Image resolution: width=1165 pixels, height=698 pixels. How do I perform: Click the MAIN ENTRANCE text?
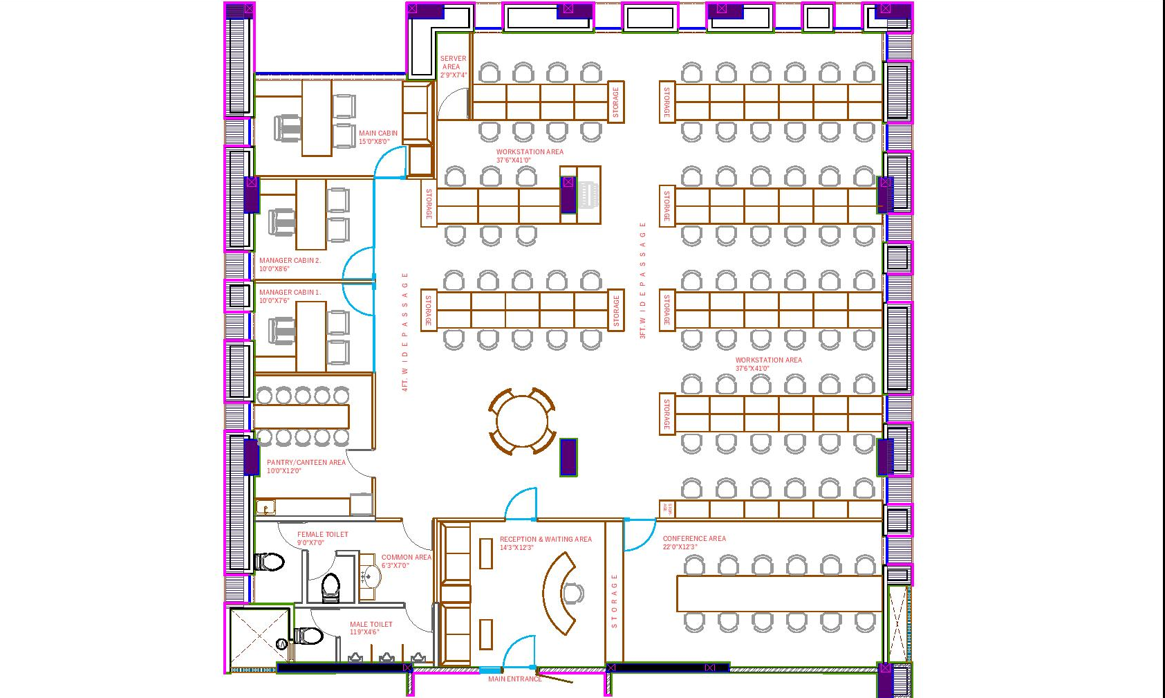coord(514,679)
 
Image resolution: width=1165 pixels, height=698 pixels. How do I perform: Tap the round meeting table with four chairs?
coord(522,421)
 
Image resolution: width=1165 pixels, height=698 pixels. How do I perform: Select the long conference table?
coord(779,594)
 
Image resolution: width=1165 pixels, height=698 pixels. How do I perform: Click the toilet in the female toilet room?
coord(270,562)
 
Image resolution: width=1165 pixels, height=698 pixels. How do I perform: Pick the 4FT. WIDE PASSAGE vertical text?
coord(405,332)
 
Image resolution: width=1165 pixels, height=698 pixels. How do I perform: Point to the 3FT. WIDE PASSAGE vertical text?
coord(642,280)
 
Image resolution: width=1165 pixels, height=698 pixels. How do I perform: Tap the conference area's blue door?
coord(639,534)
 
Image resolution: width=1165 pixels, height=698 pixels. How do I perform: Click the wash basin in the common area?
coord(371,577)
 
